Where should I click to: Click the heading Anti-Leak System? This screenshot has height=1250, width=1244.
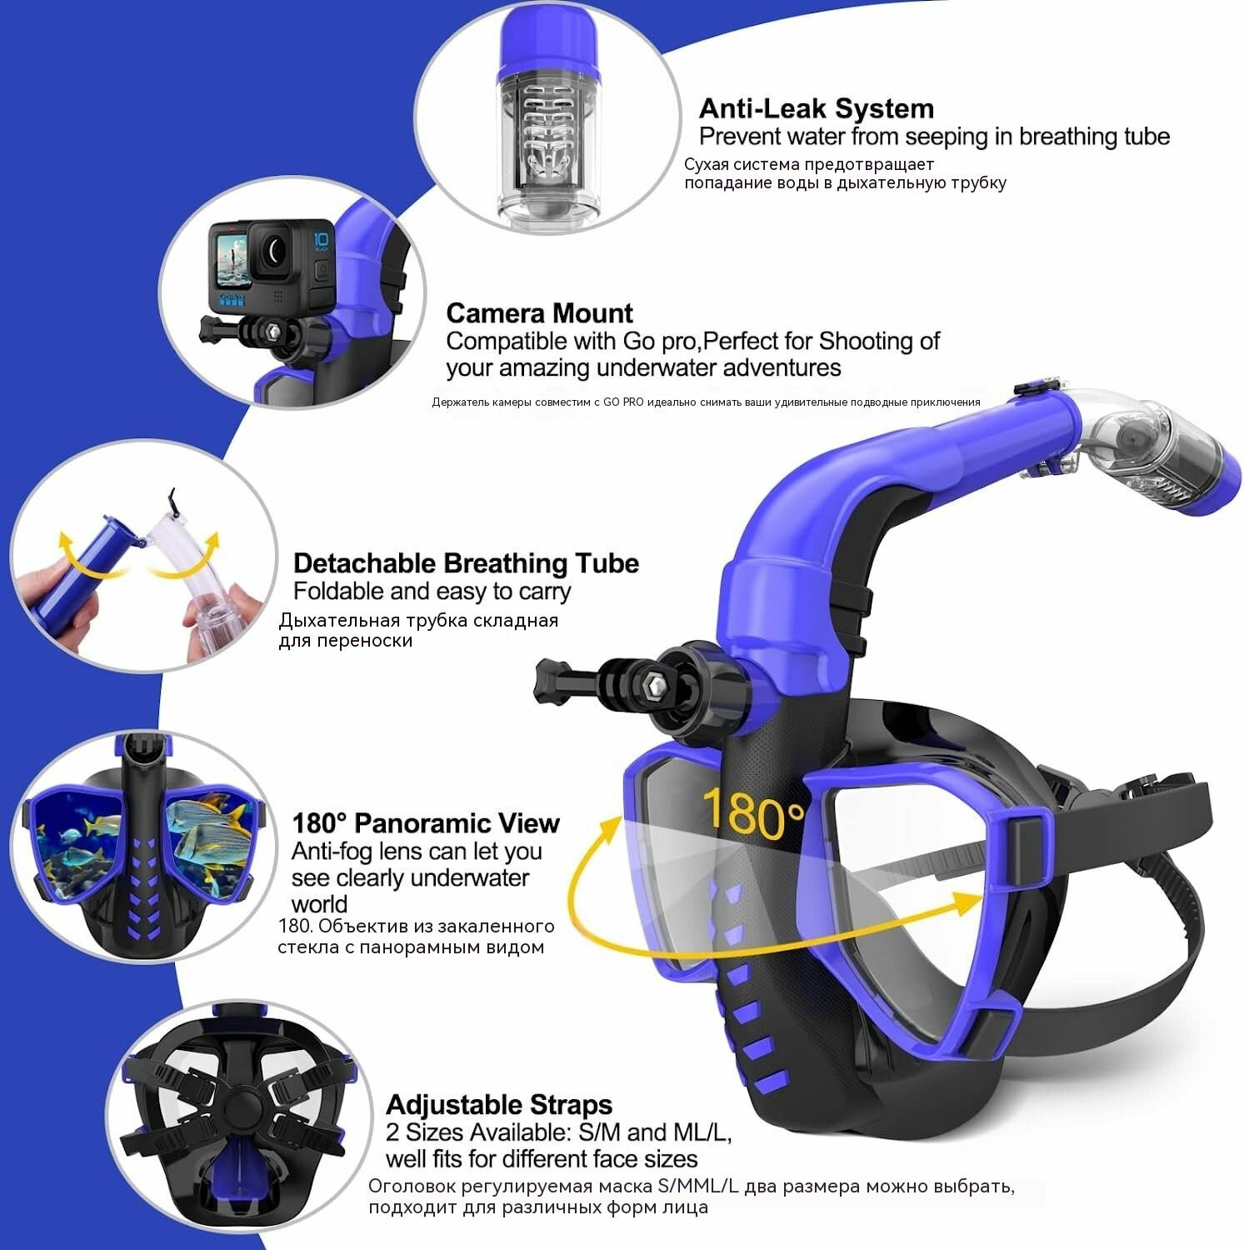pos(816,108)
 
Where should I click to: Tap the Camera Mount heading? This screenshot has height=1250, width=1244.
pos(539,313)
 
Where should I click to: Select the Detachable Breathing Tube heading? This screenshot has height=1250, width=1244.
pos(466,563)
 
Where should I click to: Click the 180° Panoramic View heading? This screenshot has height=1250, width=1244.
pos(426,823)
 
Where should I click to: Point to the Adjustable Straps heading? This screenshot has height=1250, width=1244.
pos(498,1105)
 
